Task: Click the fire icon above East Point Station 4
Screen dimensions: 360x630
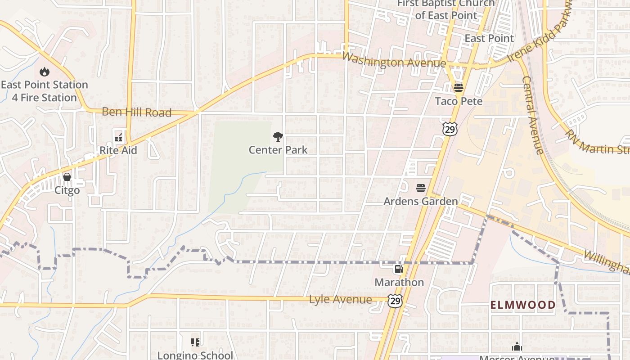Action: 44,72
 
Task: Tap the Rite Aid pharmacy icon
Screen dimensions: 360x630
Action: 118,137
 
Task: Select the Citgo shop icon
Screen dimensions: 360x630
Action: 67,177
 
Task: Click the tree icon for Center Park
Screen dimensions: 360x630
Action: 278,137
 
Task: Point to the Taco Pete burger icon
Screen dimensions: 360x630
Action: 458,87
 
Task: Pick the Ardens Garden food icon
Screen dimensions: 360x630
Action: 421,188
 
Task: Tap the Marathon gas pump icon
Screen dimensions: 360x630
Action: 399,269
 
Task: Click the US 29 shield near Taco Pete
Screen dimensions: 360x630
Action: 450,129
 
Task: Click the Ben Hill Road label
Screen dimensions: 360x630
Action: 137,112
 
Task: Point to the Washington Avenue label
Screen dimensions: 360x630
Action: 394,61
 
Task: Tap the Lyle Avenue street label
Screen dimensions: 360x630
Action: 341,300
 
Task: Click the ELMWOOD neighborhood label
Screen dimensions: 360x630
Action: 523,305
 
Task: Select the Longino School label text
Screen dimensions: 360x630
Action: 195,355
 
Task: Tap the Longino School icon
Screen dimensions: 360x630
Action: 195,342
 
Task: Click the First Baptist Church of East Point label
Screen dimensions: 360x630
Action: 445,9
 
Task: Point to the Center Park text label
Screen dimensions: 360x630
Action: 278,150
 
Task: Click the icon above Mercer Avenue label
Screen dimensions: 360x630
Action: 517,346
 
